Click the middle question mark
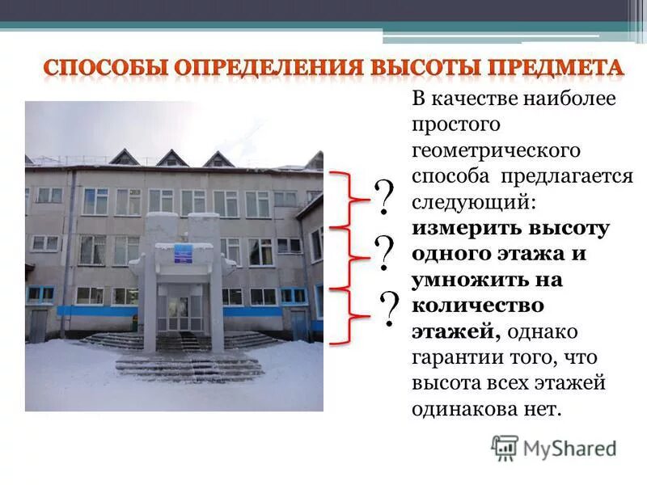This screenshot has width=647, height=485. click(384, 253)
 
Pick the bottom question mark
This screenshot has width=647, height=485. click(389, 309)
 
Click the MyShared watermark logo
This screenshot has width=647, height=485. click(554, 447)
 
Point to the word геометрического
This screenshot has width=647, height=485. click(494, 150)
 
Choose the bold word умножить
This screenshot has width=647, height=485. click(476, 280)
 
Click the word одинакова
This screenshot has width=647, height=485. click(462, 409)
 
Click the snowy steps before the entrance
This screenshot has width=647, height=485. click(190, 364)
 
